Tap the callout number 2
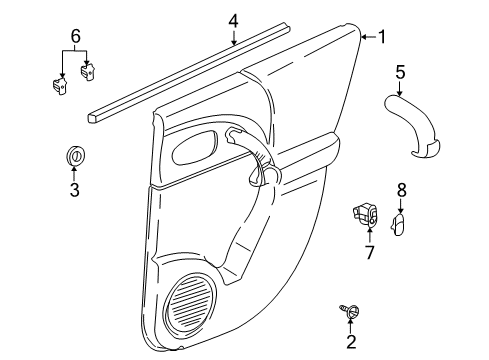click(x=350, y=343)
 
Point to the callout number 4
click(x=233, y=20)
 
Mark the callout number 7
click(x=369, y=253)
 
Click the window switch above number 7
click(x=367, y=214)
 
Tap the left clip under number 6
click(x=59, y=85)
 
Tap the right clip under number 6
click(x=88, y=69)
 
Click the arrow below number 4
click(x=233, y=40)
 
